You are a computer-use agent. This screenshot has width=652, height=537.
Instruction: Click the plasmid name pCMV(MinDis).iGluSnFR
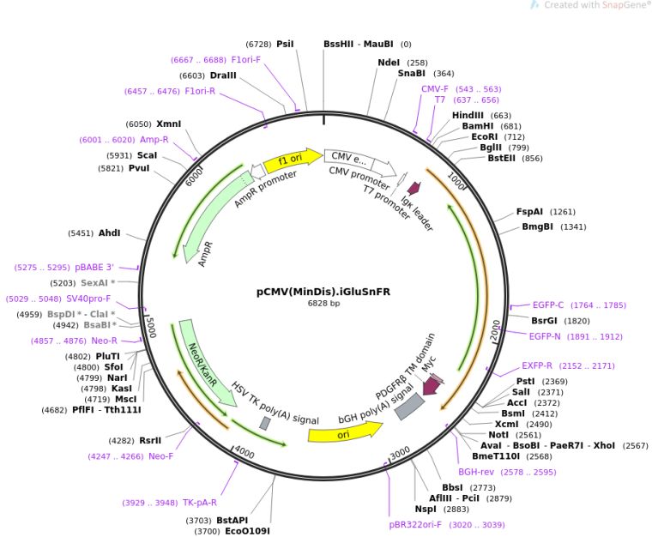pyautogui.click(x=323, y=292)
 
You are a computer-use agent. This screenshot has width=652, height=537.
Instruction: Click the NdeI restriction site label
pyautogui.click(x=389, y=63)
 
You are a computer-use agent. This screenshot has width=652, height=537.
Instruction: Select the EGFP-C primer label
pyautogui.click(x=548, y=305)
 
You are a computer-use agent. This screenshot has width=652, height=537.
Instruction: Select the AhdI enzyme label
pyautogui.click(x=109, y=232)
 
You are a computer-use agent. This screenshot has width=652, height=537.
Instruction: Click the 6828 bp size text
pyautogui.click(x=323, y=304)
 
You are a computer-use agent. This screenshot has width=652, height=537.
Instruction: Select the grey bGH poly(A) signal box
pyautogui.click(x=409, y=407)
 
